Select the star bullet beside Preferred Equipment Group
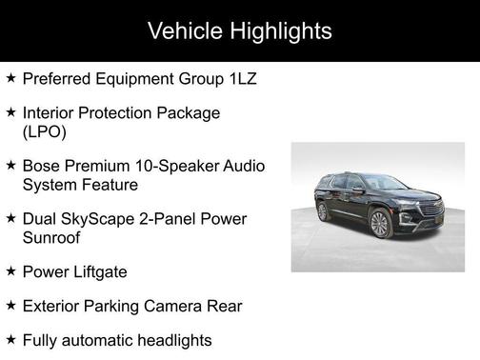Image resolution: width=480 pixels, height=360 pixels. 10,78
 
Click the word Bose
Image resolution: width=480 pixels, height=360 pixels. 42,166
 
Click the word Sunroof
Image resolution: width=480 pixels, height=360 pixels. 52,238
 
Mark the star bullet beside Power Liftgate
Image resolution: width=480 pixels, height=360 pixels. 10,271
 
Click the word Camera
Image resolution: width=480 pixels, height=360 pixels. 179,306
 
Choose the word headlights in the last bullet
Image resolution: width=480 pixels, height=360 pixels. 170,340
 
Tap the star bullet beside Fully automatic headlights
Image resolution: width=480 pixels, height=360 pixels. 10,339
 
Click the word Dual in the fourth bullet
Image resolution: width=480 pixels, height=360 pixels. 41,219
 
